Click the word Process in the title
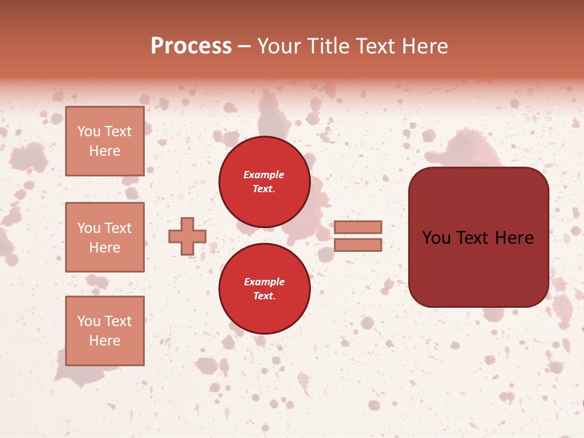click(191, 46)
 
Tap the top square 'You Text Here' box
click(105, 141)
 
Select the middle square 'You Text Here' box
click(105, 237)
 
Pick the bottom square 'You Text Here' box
click(105, 331)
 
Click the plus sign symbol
click(187, 236)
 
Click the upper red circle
click(264, 182)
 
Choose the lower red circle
click(264, 288)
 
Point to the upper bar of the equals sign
click(358, 227)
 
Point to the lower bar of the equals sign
click(358, 245)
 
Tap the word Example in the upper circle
click(263, 175)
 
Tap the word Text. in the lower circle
click(264, 296)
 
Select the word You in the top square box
click(89, 131)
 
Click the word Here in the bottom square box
click(105, 341)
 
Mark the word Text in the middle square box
click(118, 228)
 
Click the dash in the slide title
click(245, 46)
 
